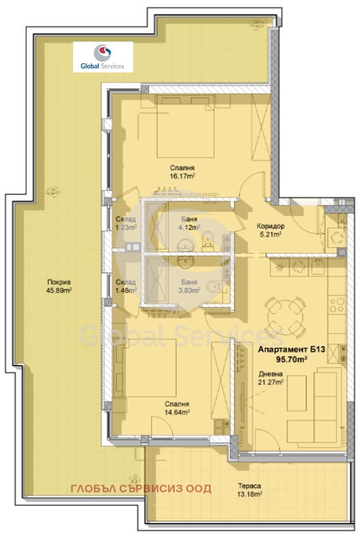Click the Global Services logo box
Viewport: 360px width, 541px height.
pos(103,57)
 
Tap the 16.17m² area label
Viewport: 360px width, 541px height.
pos(182,176)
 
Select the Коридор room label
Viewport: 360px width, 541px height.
pos(271,226)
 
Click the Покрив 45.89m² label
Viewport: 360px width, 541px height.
pos(59,286)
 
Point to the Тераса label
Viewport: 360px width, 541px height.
pos(250,486)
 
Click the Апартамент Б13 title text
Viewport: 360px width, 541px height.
pos(292,349)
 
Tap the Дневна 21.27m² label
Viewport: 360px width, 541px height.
pos(271,378)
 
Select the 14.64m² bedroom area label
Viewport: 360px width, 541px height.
pos(177,412)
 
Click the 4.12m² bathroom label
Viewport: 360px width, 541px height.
pos(189,227)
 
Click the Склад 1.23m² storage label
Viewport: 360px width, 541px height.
pos(126,223)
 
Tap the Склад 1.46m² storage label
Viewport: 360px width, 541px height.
pos(126,286)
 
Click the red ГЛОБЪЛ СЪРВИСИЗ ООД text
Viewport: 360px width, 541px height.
pos(141,489)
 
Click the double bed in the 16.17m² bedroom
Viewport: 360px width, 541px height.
pos(186,126)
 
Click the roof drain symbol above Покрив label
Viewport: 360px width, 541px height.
pos(53,191)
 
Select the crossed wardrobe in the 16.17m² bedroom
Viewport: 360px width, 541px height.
pos(261,127)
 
